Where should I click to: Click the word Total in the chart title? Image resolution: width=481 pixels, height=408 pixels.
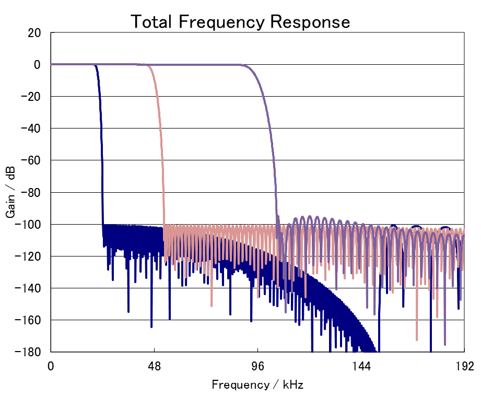pyautogui.click(x=151, y=22)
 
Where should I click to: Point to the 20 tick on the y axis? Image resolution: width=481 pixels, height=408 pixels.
pyautogui.click(x=34, y=32)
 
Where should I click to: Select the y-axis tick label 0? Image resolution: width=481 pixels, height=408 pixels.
pyautogui.click(x=38, y=65)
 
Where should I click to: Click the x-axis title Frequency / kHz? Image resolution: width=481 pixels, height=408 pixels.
pyautogui.click(x=257, y=386)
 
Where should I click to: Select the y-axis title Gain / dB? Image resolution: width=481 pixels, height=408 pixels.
pyautogui.click(x=11, y=192)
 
